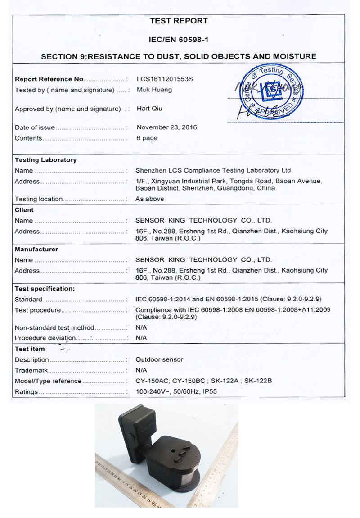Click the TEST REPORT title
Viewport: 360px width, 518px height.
click(179, 21)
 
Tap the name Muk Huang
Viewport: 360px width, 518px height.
click(154, 90)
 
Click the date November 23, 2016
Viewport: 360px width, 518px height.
click(166, 127)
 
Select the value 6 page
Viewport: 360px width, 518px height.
click(147, 138)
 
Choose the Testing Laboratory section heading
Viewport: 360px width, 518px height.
click(45, 160)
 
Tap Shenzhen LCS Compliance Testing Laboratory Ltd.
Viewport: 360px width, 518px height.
click(214, 171)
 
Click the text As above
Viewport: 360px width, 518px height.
click(150, 199)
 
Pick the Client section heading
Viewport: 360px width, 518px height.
click(24, 210)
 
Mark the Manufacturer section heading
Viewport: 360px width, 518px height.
click(36, 249)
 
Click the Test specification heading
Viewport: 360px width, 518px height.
click(45, 289)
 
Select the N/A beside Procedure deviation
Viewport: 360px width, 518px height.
click(141, 338)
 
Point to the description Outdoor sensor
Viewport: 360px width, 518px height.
click(159, 360)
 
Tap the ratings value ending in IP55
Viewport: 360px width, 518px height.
click(176, 392)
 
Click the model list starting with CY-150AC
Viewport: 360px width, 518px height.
click(204, 381)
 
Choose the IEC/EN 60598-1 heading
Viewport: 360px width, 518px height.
click(179, 40)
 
